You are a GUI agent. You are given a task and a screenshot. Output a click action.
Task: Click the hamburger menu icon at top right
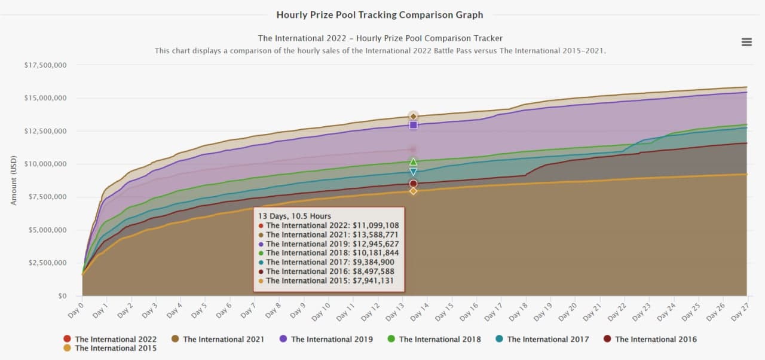(x=746, y=42)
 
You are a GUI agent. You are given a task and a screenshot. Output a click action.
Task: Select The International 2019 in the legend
(x=326, y=339)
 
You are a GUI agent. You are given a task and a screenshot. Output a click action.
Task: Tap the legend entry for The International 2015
(x=110, y=348)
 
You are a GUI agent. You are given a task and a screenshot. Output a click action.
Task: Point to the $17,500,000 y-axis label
(x=45, y=65)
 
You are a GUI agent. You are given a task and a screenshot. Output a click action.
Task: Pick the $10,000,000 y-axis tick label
(x=45, y=164)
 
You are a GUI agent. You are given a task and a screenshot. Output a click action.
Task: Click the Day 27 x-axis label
(x=740, y=309)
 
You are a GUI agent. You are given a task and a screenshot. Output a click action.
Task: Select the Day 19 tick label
(x=543, y=309)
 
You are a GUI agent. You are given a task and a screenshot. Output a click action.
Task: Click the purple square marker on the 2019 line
(x=413, y=125)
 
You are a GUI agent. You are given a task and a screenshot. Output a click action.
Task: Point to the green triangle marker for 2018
(x=413, y=161)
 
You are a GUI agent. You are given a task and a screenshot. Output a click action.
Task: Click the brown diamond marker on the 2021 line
(x=413, y=116)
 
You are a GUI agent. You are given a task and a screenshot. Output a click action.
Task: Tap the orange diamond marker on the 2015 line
(x=413, y=191)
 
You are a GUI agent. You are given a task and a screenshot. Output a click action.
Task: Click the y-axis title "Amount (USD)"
(x=14, y=179)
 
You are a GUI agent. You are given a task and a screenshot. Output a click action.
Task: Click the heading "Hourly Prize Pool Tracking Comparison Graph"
(x=380, y=14)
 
